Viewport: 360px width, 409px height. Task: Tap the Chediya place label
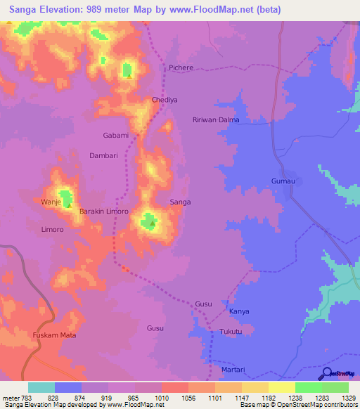165,100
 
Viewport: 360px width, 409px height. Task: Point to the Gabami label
116,136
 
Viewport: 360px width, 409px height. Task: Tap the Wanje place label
51,202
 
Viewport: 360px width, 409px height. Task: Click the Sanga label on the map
181,202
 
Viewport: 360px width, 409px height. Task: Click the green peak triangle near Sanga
152,224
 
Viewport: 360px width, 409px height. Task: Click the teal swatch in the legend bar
41,387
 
